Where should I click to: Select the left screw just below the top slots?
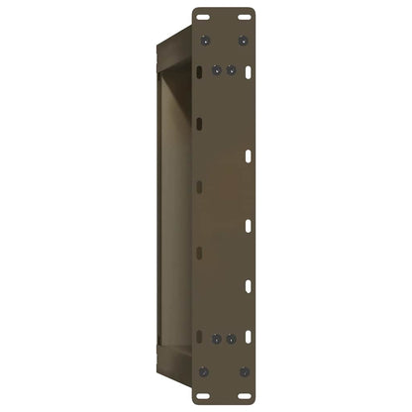click(204, 41)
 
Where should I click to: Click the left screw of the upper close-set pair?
click(218, 70)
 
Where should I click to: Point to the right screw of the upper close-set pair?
click(231, 70)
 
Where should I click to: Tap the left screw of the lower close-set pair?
click(218, 339)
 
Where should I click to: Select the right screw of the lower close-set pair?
click(231, 339)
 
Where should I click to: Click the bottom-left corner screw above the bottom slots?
click(204, 370)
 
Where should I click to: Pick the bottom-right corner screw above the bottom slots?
click(244, 370)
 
